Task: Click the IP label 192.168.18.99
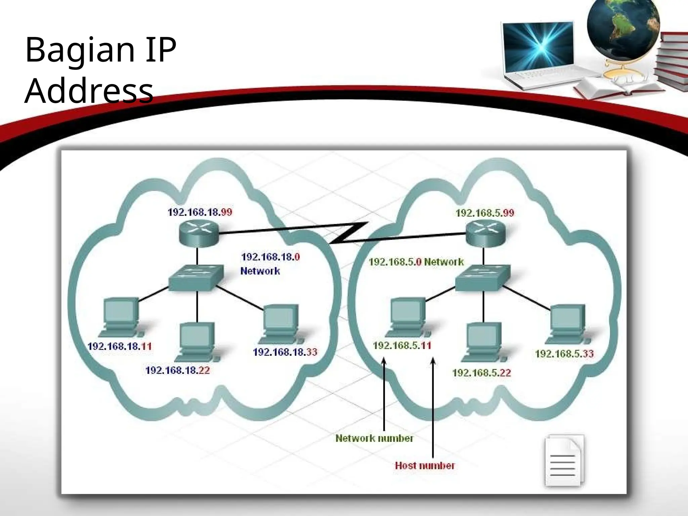tap(200, 212)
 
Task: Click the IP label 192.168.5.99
tap(485, 213)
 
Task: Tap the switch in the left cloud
tap(196, 278)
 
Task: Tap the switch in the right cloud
tap(483, 278)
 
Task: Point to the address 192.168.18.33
tap(285, 352)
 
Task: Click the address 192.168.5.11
tap(402, 345)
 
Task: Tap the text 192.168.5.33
tap(564, 354)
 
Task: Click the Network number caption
tap(374, 438)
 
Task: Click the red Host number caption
tap(425, 466)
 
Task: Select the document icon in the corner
tap(564, 460)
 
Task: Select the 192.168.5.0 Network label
tap(416, 262)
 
